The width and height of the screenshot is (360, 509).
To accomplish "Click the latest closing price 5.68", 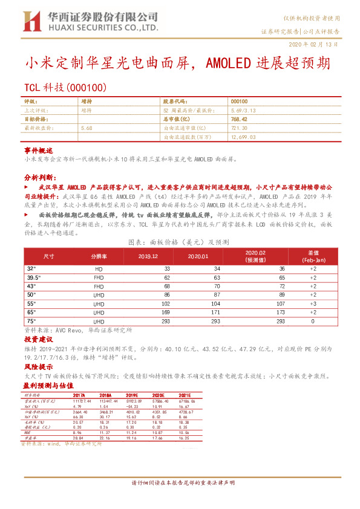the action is click(86, 128).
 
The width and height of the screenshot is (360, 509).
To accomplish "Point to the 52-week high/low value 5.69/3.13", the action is click(244, 111).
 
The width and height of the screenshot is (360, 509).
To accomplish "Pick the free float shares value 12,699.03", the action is click(244, 137).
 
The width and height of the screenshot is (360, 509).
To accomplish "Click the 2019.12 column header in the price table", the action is click(148, 256).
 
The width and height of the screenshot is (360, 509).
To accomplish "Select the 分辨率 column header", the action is click(98, 256).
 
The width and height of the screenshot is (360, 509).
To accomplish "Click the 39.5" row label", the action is click(34, 277).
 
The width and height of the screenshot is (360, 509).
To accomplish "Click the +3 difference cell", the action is click(313, 303).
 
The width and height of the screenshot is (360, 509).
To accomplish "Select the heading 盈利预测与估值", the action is click(48, 384).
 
